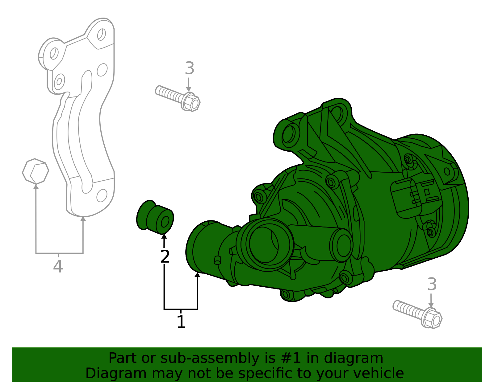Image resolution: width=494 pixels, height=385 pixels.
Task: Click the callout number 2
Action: (165, 256)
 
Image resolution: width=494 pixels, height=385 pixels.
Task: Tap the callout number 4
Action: (58, 266)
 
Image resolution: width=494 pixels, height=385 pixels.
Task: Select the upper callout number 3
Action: (189, 68)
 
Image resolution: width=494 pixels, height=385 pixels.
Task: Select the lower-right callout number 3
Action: (432, 284)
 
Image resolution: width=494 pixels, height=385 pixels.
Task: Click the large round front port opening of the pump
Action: (266, 244)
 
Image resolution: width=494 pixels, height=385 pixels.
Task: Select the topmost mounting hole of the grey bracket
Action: (101, 34)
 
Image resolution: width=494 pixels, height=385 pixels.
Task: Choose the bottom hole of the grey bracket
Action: (102, 195)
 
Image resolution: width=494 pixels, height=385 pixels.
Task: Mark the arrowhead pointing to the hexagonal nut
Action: (36, 186)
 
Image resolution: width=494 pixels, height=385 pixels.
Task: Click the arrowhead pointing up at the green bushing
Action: (164, 237)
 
